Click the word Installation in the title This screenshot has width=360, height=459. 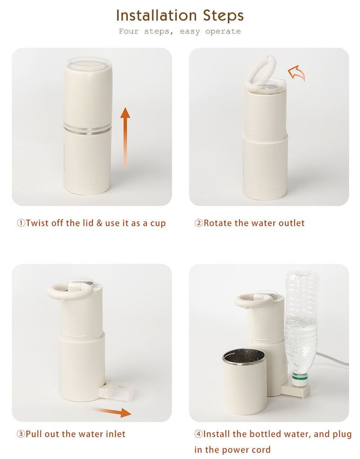click(x=157, y=15)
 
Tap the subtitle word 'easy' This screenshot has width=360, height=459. click(x=190, y=31)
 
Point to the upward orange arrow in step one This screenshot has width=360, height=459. click(x=125, y=137)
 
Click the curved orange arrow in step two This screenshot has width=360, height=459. click(x=297, y=72)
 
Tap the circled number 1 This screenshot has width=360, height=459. click(x=21, y=223)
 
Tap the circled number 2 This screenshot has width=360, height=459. click(x=198, y=223)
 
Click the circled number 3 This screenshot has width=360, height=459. click(x=21, y=434)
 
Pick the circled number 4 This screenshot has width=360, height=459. click(x=198, y=434)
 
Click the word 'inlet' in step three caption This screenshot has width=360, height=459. click(x=115, y=433)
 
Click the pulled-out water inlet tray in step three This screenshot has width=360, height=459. click(x=117, y=391)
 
